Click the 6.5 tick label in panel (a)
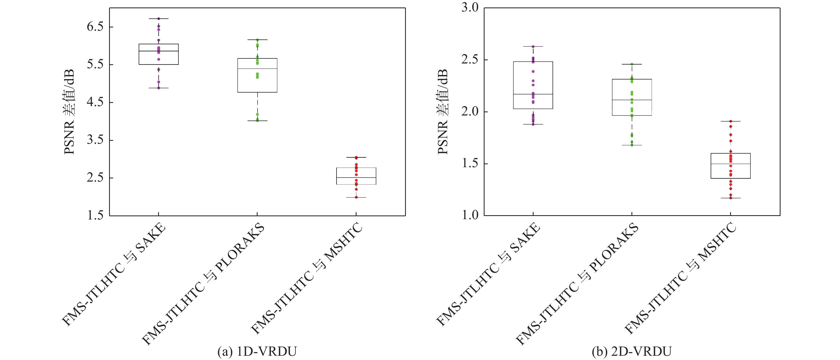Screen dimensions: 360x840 95,27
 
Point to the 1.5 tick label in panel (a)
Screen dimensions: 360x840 95,215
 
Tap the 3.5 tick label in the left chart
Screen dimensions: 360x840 95,140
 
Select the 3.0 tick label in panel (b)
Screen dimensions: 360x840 470,7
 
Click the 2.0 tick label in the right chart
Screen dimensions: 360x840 470,111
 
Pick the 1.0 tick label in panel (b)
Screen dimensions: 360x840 470,215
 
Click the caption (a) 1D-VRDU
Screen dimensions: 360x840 257,351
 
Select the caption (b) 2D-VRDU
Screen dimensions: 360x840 632,351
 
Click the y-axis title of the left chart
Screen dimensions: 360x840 69,112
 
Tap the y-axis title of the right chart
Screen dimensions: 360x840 443,112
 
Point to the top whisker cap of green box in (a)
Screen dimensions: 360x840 257,40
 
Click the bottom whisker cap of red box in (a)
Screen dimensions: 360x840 356,197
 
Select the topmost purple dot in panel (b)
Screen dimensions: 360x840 533,47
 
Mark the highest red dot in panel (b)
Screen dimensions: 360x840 731,121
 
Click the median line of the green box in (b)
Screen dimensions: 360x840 632,100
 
